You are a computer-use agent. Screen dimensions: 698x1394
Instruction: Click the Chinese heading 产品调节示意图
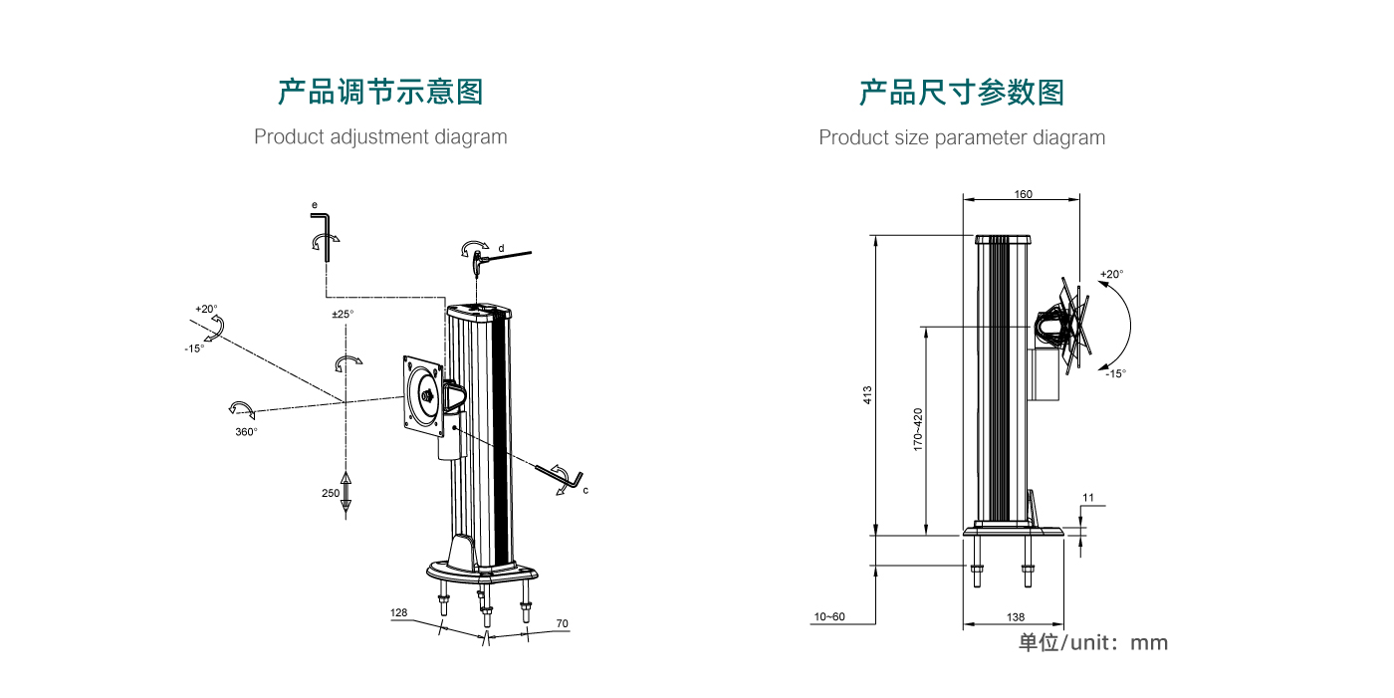380,93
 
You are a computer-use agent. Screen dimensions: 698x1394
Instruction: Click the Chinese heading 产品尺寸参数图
962,93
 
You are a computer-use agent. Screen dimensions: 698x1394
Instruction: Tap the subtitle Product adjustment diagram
380,136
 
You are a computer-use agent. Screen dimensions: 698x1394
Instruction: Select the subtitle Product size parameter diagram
962,137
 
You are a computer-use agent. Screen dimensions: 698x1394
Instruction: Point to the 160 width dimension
1023,194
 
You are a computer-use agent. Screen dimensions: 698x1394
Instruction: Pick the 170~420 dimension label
918,429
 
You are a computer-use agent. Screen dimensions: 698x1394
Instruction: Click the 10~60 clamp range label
828,617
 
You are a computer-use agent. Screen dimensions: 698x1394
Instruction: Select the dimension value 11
1087,496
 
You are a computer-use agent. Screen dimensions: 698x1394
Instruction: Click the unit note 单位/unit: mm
1092,642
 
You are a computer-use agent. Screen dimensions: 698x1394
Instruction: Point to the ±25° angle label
343,315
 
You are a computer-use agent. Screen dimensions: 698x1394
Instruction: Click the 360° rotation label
246,432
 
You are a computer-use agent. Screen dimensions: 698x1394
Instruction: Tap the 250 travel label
331,493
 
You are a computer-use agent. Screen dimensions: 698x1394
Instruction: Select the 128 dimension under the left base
399,613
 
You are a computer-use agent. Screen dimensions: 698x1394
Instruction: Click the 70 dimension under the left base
562,623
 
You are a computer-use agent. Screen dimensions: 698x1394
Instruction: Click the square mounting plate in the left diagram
424,396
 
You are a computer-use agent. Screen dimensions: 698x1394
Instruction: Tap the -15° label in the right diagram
1115,373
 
